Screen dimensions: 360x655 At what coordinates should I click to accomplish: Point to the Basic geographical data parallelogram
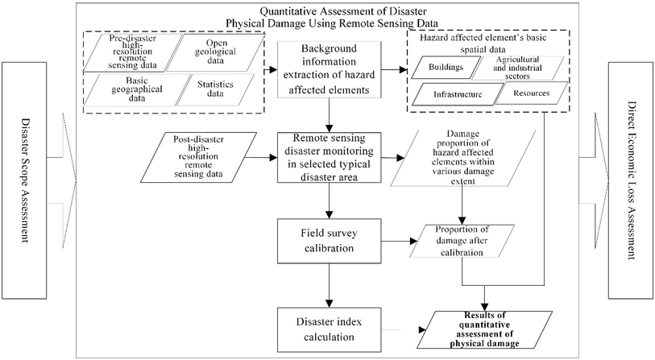130,88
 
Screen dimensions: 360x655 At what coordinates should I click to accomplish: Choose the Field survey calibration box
328,241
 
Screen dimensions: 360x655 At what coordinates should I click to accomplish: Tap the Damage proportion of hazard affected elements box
462,157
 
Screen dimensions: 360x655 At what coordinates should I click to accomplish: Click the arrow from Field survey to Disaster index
328,283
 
